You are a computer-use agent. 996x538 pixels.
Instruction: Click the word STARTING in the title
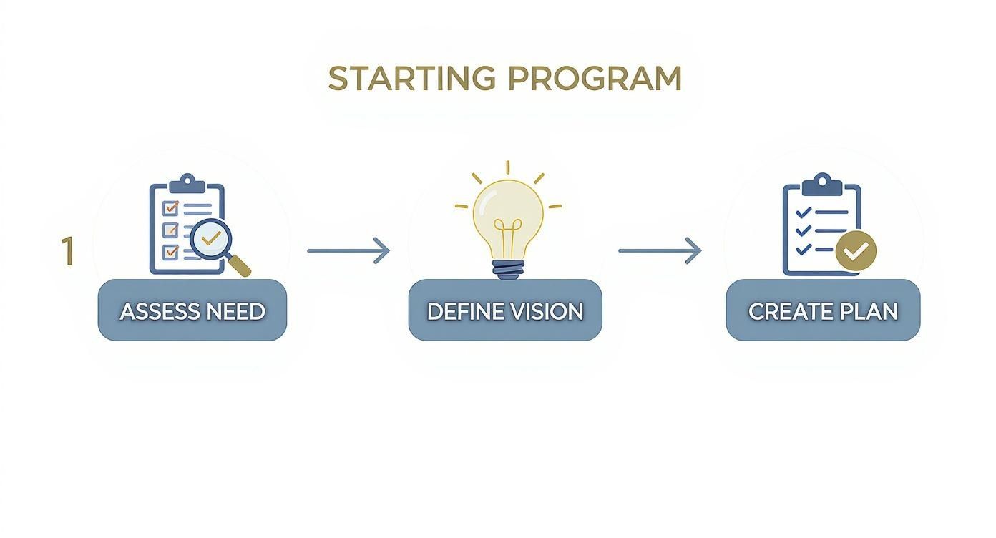pos(411,78)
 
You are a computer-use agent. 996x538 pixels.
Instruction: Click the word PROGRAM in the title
pos(595,78)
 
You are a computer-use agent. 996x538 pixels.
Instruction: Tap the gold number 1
pos(67,251)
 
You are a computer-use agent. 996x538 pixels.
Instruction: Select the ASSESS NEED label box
pos(192,310)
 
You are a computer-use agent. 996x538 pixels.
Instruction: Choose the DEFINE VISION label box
pos(505,310)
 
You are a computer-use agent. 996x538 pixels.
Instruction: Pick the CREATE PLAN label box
pos(823,310)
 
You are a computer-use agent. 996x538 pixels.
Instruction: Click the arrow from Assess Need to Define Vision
pos(348,251)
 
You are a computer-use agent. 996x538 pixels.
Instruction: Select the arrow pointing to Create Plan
pos(660,251)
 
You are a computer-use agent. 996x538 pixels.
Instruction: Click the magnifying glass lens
pos(211,239)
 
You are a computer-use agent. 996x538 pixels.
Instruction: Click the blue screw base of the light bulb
pos(508,270)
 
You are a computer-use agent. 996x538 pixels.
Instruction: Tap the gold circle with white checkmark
pos(856,251)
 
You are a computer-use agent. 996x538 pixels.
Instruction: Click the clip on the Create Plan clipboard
pos(822,185)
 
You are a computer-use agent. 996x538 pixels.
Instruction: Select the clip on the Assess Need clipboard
pos(187,184)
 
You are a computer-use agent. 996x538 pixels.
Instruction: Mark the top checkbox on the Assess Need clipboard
pos(170,208)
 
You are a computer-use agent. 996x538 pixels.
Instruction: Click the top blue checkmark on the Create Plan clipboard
pos(803,212)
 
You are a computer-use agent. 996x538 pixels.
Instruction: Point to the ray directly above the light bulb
pos(508,167)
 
